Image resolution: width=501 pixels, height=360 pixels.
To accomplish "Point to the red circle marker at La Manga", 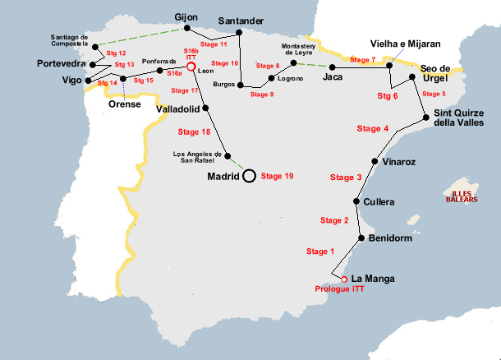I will pos(344,279).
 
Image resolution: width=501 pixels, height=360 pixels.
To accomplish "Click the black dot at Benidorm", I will pos(361,238).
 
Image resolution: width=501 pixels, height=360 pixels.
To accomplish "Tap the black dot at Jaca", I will pos(332,66).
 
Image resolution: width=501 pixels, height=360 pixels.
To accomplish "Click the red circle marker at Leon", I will pos(191,67).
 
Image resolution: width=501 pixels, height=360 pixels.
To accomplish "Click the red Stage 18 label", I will pos(195,132).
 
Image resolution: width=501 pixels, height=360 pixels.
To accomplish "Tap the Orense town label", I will pos(126,104).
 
